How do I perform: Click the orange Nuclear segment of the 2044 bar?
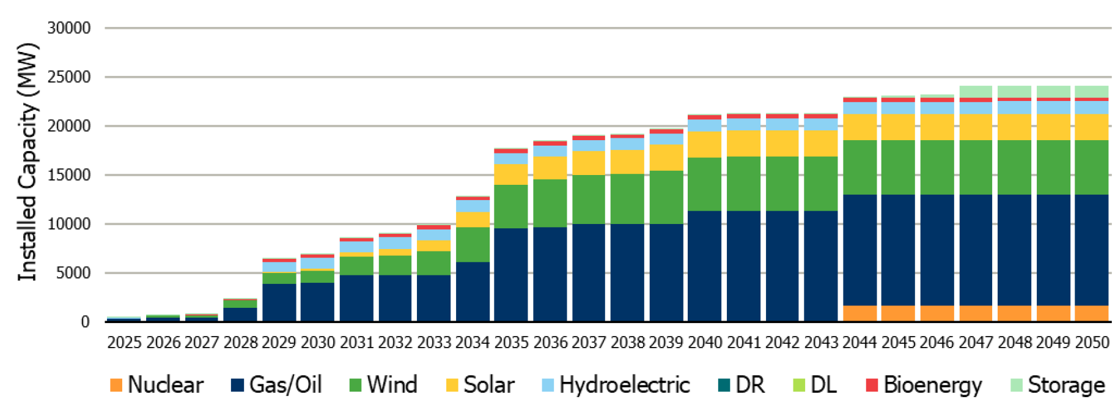click(859, 313)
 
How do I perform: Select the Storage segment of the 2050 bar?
click(1091, 92)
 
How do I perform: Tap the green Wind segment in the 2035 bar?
click(511, 206)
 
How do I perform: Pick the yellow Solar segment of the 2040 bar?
click(704, 144)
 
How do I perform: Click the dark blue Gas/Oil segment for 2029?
click(279, 302)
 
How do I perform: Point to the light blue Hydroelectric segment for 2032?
click(395, 243)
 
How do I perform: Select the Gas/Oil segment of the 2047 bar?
click(976, 250)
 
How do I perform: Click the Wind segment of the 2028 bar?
click(240, 304)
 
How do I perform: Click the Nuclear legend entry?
click(156, 385)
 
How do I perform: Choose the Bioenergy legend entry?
click(924, 385)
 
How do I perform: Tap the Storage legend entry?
click(1058, 385)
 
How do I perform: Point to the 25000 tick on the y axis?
click(69, 77)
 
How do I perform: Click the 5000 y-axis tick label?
click(74, 273)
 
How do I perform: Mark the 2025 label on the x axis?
click(124, 343)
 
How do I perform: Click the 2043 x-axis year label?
click(820, 343)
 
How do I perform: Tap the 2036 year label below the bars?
click(550, 343)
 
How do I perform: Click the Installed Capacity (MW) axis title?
click(28, 162)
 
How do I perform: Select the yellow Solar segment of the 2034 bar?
click(473, 219)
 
